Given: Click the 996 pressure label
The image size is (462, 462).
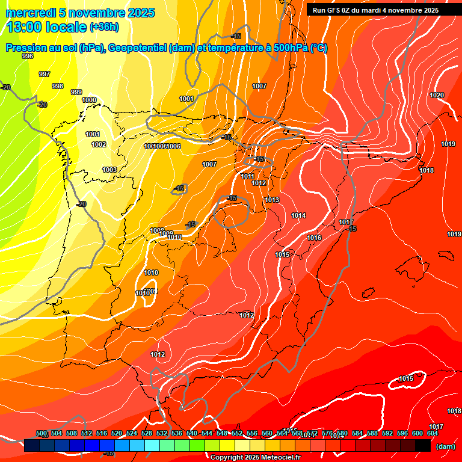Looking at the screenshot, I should (x=28, y=56).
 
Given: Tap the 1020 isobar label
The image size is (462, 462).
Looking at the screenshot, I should (x=437, y=96).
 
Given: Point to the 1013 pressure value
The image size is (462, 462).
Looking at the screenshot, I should (x=272, y=200).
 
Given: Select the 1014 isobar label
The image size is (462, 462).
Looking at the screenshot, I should (x=298, y=215).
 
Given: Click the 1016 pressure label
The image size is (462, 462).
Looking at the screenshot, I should (x=314, y=238).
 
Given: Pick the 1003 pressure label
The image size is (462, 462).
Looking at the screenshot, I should (x=109, y=170).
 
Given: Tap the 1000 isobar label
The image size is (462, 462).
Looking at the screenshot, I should (x=89, y=100).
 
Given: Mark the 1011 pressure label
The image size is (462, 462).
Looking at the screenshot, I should (x=247, y=176).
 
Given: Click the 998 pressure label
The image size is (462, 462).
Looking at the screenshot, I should (x=58, y=86).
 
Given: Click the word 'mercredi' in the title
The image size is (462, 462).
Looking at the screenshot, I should (x=27, y=13).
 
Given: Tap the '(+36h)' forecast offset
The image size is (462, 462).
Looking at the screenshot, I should (x=104, y=27).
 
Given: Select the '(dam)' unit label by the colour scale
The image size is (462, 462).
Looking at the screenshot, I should (x=445, y=446).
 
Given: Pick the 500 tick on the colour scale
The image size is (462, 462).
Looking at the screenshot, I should (x=42, y=433).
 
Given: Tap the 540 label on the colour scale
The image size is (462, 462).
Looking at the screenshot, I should (x=192, y=433).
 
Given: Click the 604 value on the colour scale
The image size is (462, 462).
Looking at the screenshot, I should (x=433, y=433).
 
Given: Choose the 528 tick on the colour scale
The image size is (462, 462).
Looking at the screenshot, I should (x=147, y=433).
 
